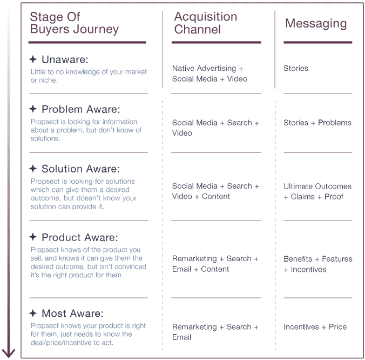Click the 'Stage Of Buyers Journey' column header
click(x=75, y=23)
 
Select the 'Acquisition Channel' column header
click(x=206, y=23)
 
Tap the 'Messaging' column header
click(x=316, y=24)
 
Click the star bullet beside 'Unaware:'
click(x=33, y=59)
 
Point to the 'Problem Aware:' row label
click(x=81, y=109)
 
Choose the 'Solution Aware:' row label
click(x=80, y=169)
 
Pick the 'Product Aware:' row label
click(x=79, y=237)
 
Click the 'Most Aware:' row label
click(x=72, y=313)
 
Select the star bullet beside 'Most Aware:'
click(x=33, y=313)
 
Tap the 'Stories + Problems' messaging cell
click(x=317, y=123)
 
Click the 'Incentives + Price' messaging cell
click(x=315, y=326)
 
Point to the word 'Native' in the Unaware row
click(x=183, y=68)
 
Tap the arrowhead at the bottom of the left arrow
click(x=9, y=354)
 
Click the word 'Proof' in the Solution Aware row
click(x=334, y=197)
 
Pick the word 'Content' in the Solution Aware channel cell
click(x=216, y=196)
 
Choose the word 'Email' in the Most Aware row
click(x=181, y=337)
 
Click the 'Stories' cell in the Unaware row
click(x=296, y=68)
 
